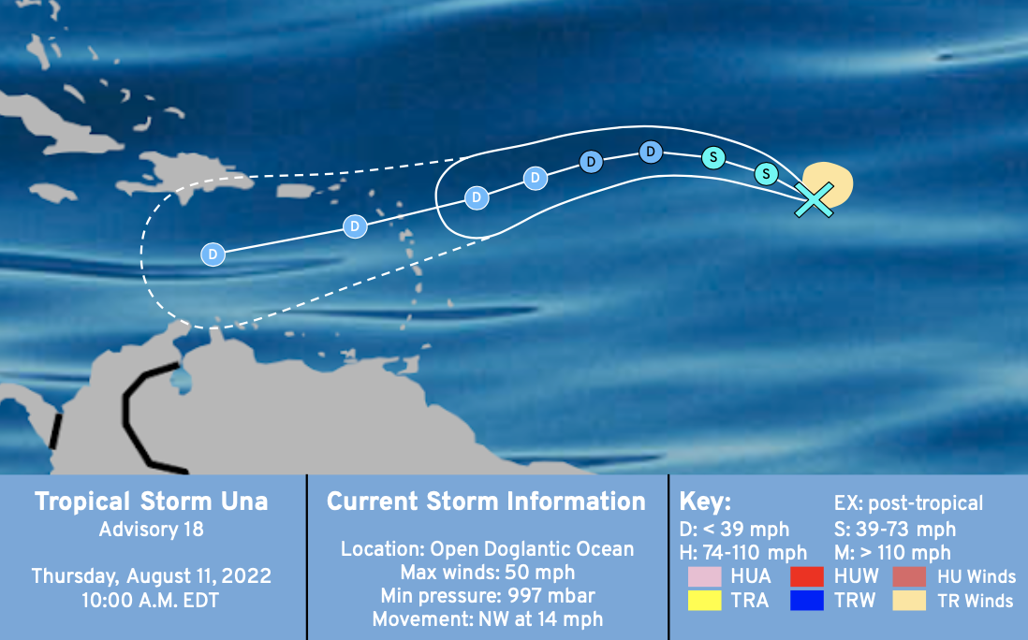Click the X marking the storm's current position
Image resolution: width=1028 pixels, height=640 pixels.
[814, 199]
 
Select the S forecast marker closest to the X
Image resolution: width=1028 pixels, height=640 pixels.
[766, 174]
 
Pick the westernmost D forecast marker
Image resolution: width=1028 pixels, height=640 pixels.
[213, 255]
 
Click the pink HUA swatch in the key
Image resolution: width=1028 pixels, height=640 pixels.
[705, 576]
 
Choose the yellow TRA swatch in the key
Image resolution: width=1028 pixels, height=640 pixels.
[705, 600]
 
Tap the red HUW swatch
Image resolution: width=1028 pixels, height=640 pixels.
[807, 576]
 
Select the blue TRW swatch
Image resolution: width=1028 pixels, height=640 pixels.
[807, 600]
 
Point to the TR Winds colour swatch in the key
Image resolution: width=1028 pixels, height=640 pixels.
[909, 600]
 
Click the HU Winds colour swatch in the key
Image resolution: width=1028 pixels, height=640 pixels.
[909, 576]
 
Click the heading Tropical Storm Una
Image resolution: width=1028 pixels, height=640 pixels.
[152, 502]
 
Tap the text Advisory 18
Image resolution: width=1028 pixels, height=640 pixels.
[152, 530]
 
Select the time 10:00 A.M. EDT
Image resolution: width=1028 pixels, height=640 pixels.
[150, 601]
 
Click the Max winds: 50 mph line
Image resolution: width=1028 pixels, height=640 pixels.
[488, 573]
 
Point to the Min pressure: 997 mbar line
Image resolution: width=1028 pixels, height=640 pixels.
[488, 596]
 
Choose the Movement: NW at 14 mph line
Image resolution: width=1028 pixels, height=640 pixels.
[488, 619]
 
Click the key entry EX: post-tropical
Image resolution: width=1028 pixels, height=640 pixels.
[909, 503]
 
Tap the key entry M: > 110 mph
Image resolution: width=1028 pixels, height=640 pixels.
[892, 553]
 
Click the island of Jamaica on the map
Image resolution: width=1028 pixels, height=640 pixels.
[53, 193]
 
